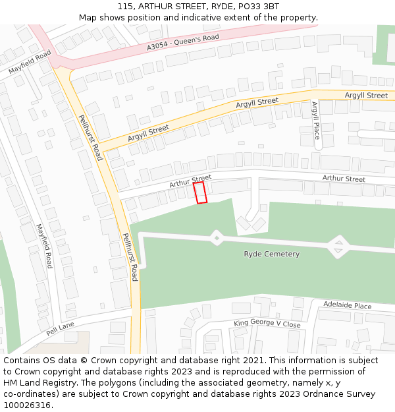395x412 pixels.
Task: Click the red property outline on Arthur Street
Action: point(200,192)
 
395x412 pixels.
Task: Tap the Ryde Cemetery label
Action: point(271,254)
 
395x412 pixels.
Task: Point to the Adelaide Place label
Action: point(347,306)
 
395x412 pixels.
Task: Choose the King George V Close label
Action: point(267,324)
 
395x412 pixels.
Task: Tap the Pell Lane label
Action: point(61,328)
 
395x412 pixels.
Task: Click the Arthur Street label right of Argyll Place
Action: point(344,179)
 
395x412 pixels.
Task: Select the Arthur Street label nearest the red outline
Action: point(190,181)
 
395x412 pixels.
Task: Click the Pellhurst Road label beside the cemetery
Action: point(130,257)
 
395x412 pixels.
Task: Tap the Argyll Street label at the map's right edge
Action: point(366,96)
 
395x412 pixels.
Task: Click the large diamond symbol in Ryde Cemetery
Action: point(338,247)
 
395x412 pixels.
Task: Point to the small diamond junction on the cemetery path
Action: point(217,237)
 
